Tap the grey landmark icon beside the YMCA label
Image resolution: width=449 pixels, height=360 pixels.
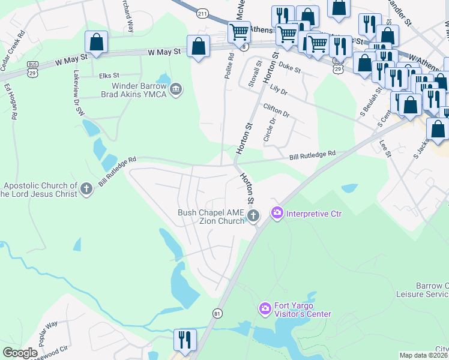click(x=176, y=90)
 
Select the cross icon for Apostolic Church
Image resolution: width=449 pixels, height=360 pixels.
click(x=86, y=190)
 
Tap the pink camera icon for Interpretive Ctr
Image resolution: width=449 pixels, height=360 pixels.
click(x=277, y=213)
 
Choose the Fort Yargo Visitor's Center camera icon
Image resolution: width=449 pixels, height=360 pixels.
click(x=264, y=309)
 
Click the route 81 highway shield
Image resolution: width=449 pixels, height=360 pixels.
click(x=217, y=313)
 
